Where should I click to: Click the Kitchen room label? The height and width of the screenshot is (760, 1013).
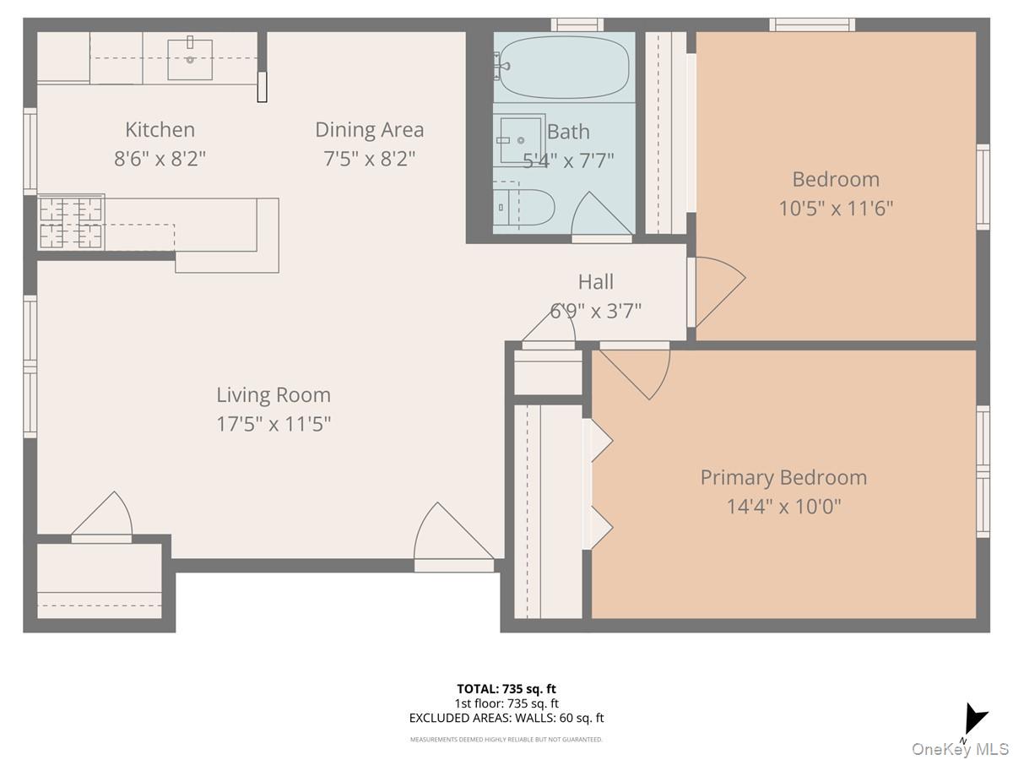click(x=160, y=129)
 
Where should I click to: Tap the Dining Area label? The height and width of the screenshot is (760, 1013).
click(x=369, y=129)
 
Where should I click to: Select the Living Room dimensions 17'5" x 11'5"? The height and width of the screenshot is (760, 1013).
click(x=274, y=423)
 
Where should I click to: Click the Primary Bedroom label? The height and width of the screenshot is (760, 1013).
click(x=783, y=477)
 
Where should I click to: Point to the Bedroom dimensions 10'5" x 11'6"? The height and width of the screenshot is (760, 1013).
click(x=836, y=208)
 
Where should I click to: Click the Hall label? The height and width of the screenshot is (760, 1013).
click(x=595, y=281)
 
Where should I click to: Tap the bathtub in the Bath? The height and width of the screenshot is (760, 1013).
click(x=564, y=67)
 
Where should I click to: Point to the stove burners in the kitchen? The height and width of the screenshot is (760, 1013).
click(x=71, y=223)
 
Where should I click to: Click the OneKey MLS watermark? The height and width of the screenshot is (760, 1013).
click(x=961, y=749)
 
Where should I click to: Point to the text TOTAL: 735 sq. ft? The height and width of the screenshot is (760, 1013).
click(x=506, y=689)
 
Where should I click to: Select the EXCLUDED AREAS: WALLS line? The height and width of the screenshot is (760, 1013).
click(x=506, y=718)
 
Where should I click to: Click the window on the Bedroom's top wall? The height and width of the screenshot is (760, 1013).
click(x=812, y=24)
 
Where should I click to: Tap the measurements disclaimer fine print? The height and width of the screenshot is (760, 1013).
click(x=506, y=740)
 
